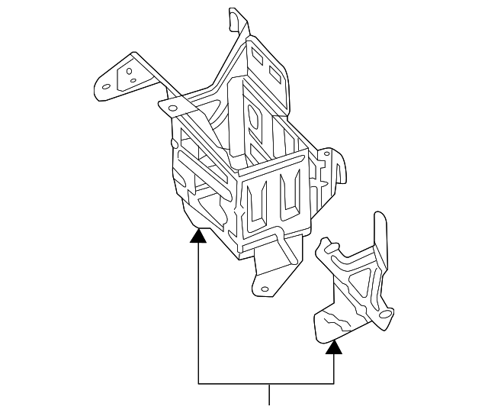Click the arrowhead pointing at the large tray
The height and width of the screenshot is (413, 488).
[x=198, y=235]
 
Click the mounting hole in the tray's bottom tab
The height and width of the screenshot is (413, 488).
[x=265, y=289]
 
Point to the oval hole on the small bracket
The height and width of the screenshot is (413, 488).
[x=388, y=314]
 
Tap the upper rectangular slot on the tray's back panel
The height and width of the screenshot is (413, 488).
[x=257, y=60]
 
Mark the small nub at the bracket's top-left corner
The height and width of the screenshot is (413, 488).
[x=326, y=244]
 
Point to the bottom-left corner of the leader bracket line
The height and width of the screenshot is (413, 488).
[x=198, y=382]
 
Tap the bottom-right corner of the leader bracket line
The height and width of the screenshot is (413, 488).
[x=333, y=382]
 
